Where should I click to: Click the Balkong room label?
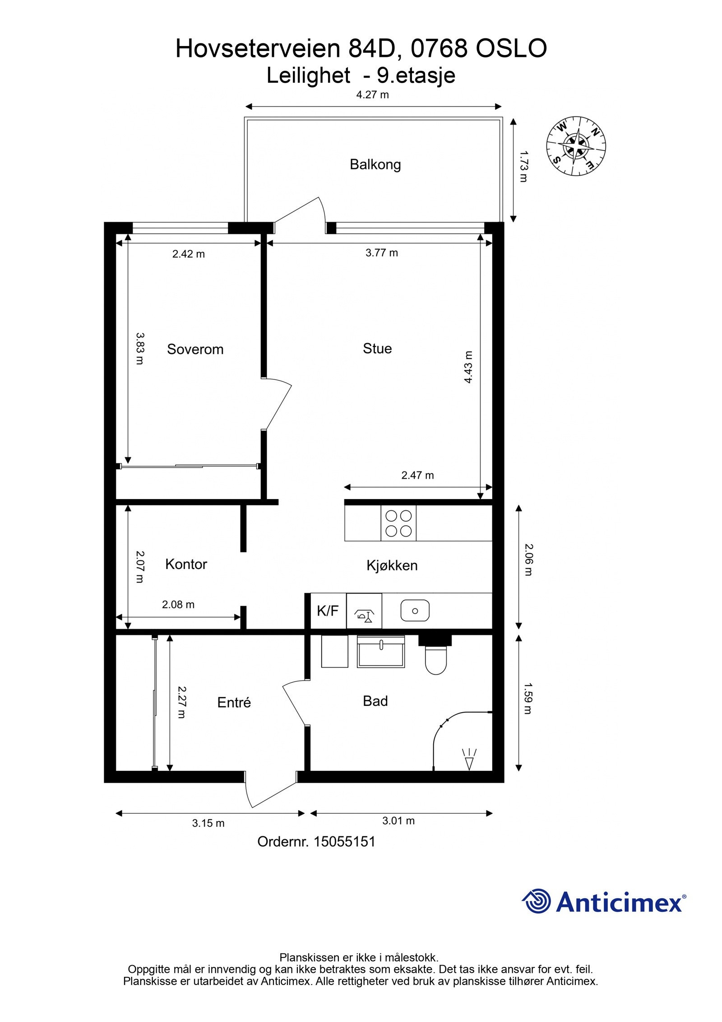(375, 164)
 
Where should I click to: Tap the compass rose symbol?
(576, 146)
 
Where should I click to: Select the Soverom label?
(195, 349)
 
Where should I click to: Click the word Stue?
(377, 348)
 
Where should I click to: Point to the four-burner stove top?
(398, 523)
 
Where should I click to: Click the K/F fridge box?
(328, 611)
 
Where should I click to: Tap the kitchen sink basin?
(415, 611)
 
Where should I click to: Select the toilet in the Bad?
(435, 659)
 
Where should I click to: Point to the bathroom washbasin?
(381, 651)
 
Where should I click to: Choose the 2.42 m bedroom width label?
(188, 254)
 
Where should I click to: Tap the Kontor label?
(186, 564)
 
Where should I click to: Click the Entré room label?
(234, 702)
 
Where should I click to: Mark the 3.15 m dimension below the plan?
(208, 823)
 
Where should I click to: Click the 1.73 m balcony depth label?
(523, 167)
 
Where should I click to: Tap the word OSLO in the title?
(511, 49)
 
